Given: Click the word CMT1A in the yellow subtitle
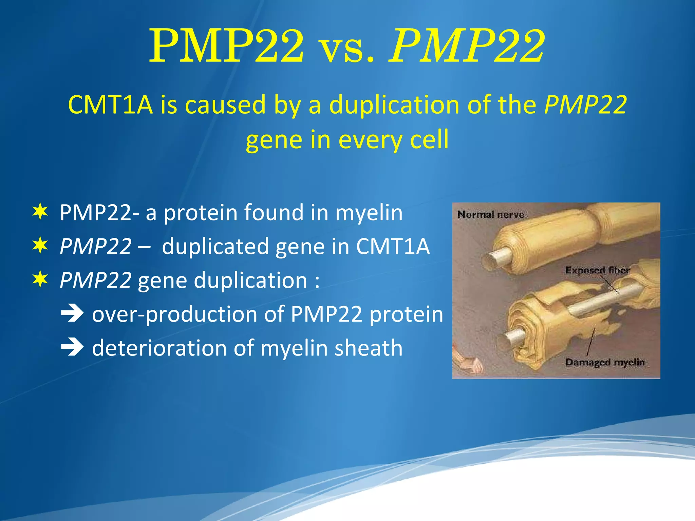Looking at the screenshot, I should tap(110, 104).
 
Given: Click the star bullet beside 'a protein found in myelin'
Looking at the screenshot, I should tap(40, 212).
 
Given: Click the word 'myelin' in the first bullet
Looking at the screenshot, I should tap(369, 213).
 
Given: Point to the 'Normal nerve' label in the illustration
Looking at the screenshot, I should tap(490, 215).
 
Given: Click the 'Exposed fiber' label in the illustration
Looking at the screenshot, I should tap(597, 270).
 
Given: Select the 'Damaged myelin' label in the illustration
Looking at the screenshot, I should tap(605, 362).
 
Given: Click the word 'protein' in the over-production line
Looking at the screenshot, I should tap(406, 314).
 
